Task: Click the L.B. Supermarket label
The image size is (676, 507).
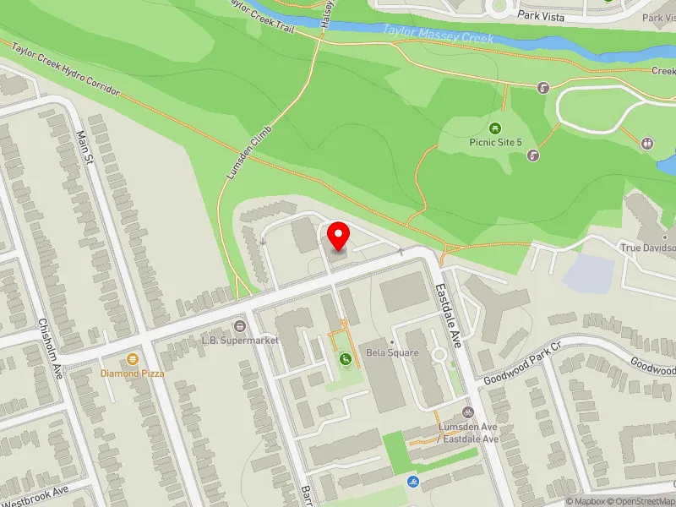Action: pyautogui.click(x=239, y=340)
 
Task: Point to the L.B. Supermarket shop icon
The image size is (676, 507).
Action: pyautogui.click(x=240, y=325)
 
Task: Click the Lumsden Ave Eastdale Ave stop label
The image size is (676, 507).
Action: pyautogui.click(x=468, y=433)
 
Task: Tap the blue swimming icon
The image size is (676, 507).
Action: pyautogui.click(x=412, y=482)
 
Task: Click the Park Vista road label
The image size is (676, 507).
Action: pyautogui.click(x=540, y=15)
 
